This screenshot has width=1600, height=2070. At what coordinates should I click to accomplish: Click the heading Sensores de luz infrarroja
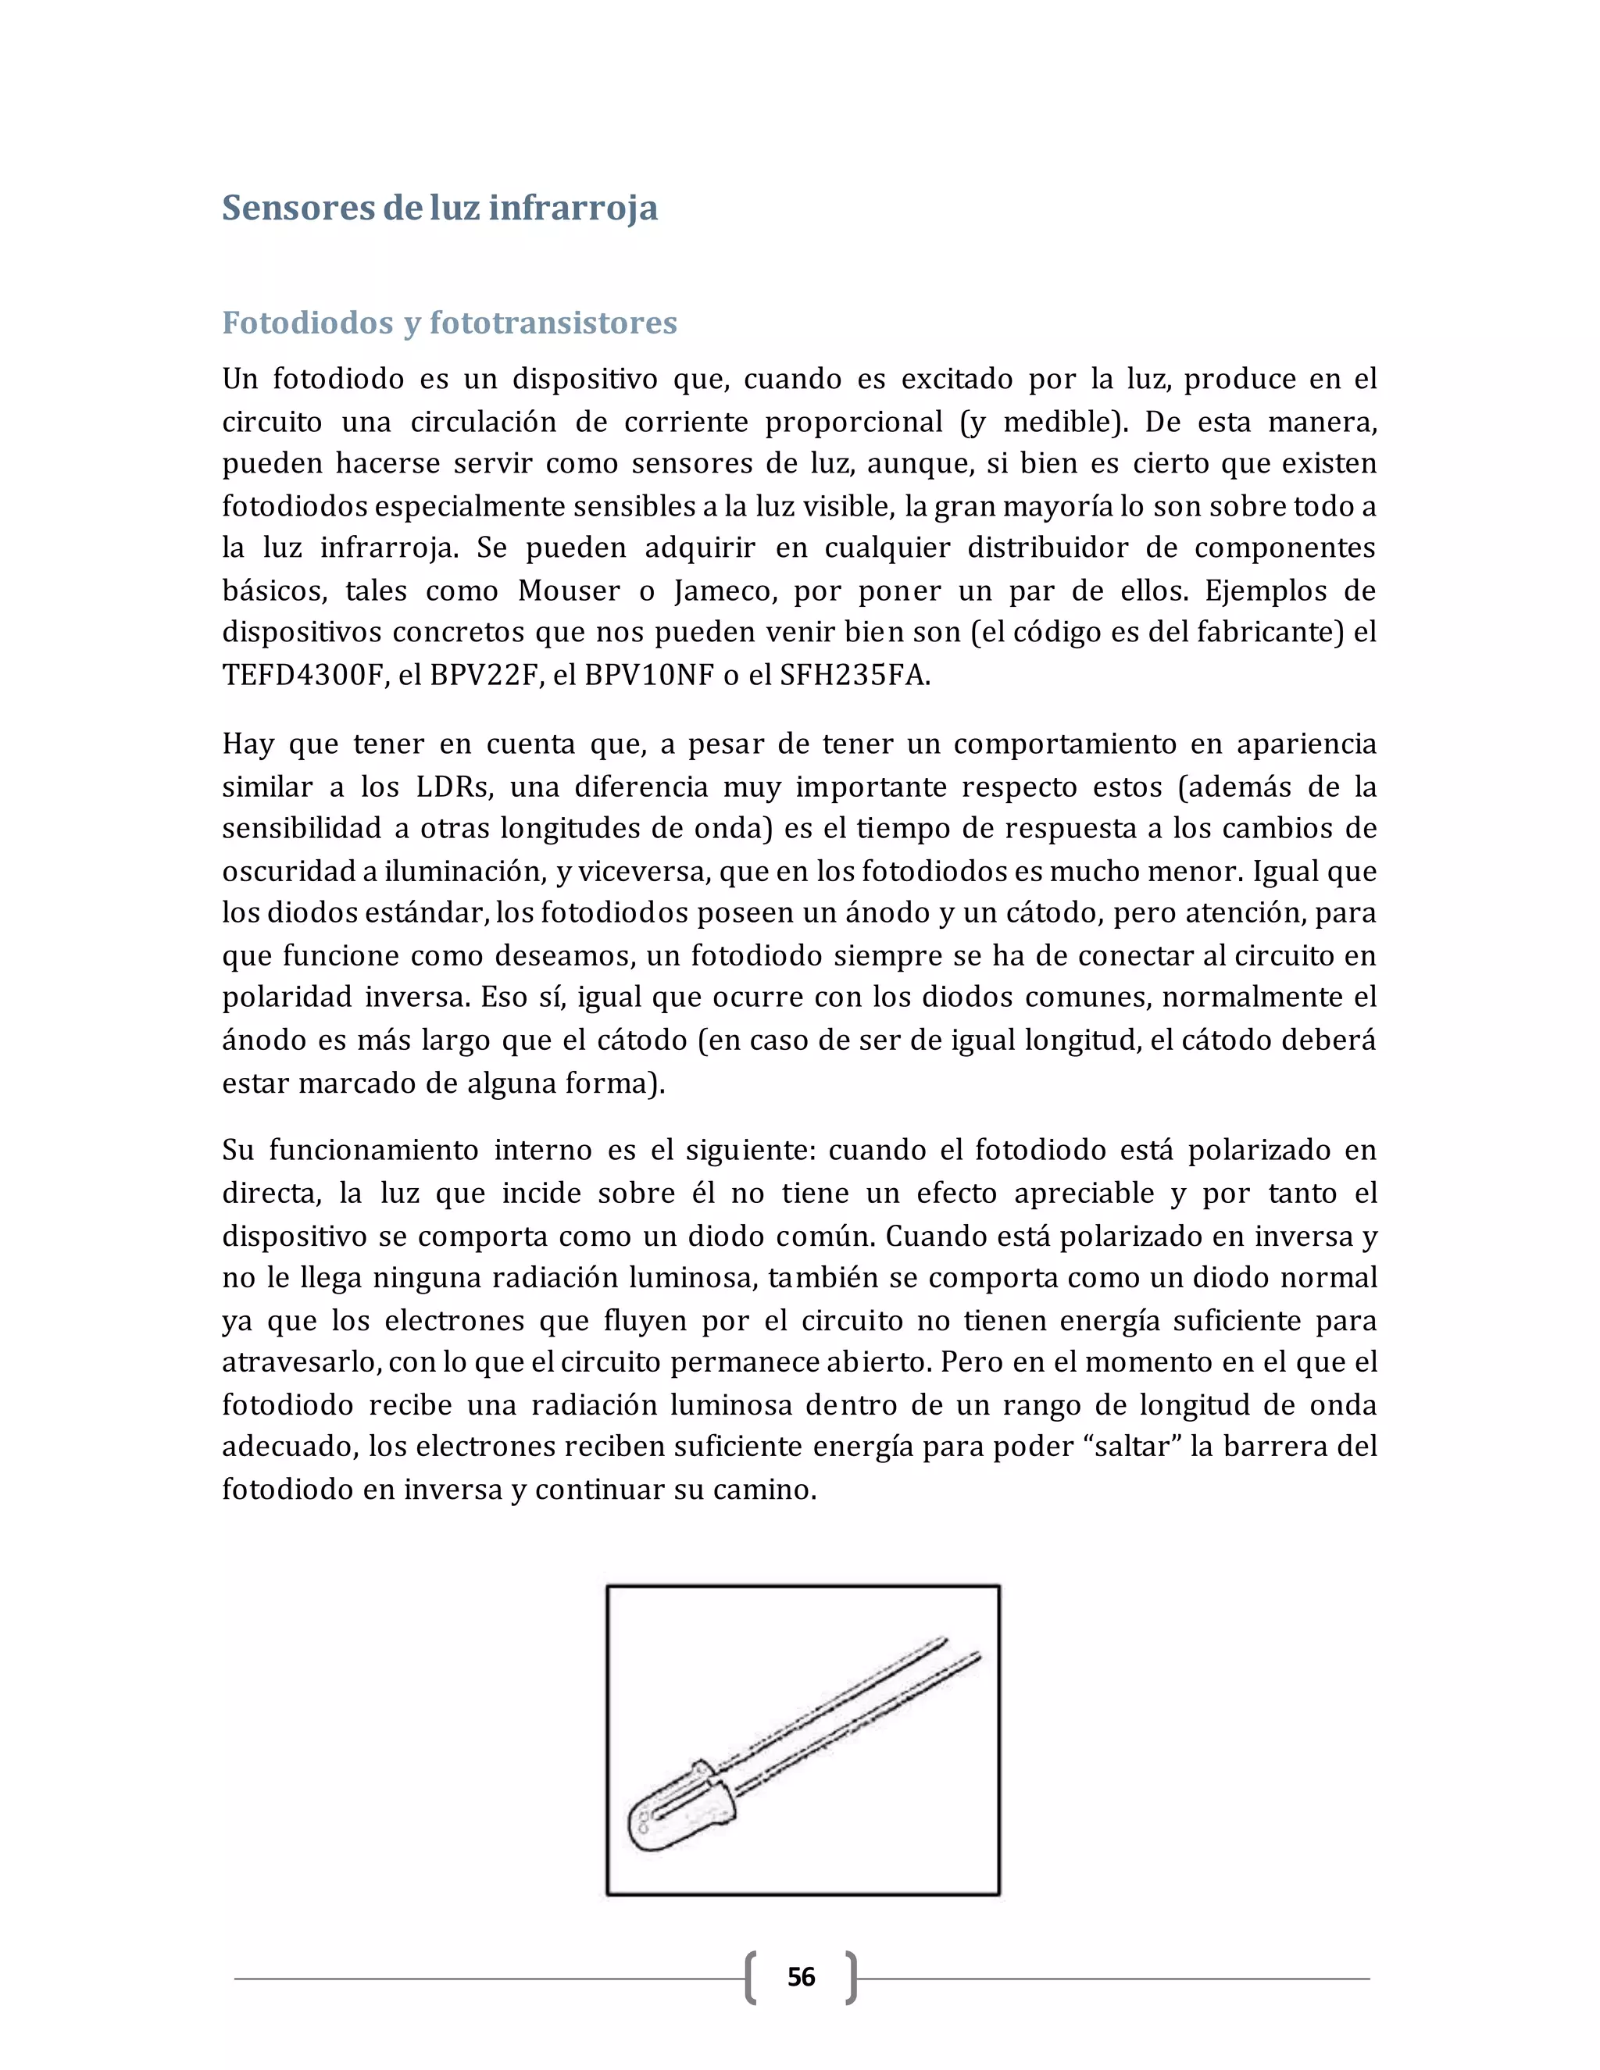click(439, 208)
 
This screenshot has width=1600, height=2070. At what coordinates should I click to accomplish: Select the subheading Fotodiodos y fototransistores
click(449, 323)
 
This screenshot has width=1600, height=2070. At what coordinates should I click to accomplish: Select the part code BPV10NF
click(648, 676)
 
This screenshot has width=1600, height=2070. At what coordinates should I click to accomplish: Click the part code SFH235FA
click(853, 676)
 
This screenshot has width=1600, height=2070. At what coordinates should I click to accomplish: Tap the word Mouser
click(569, 591)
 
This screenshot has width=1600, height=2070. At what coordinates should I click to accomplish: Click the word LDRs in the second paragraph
click(452, 787)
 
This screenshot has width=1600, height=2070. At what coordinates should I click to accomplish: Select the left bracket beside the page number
click(751, 1977)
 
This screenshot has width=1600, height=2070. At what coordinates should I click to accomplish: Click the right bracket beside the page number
click(852, 1977)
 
